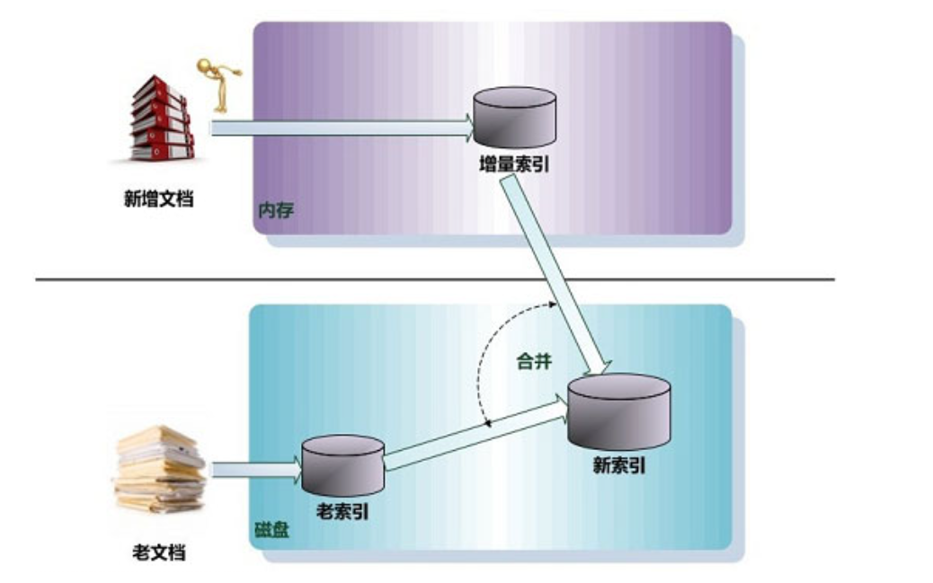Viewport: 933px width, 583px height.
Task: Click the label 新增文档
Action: [158, 199]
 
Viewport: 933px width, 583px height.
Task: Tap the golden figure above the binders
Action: [218, 80]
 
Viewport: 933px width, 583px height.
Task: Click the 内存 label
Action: [276, 212]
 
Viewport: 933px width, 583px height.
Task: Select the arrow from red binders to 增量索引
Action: [342, 128]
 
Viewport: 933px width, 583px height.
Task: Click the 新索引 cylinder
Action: [619, 411]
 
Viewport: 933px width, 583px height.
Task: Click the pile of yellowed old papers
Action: [160, 470]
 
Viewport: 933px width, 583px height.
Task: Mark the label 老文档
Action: [158, 552]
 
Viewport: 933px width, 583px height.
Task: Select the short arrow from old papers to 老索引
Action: [255, 469]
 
